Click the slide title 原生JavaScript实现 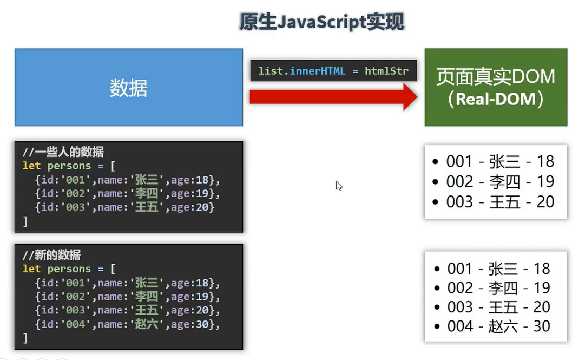(322, 22)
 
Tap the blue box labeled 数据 (128, 88)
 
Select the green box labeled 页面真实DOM (496, 87)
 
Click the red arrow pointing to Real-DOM (333, 97)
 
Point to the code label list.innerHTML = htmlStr (333, 71)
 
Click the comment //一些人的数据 (63, 152)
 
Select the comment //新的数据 (52, 255)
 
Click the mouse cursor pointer (338, 185)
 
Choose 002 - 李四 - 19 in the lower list (498, 288)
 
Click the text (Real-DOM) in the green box (496, 100)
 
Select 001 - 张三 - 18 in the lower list (498, 269)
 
